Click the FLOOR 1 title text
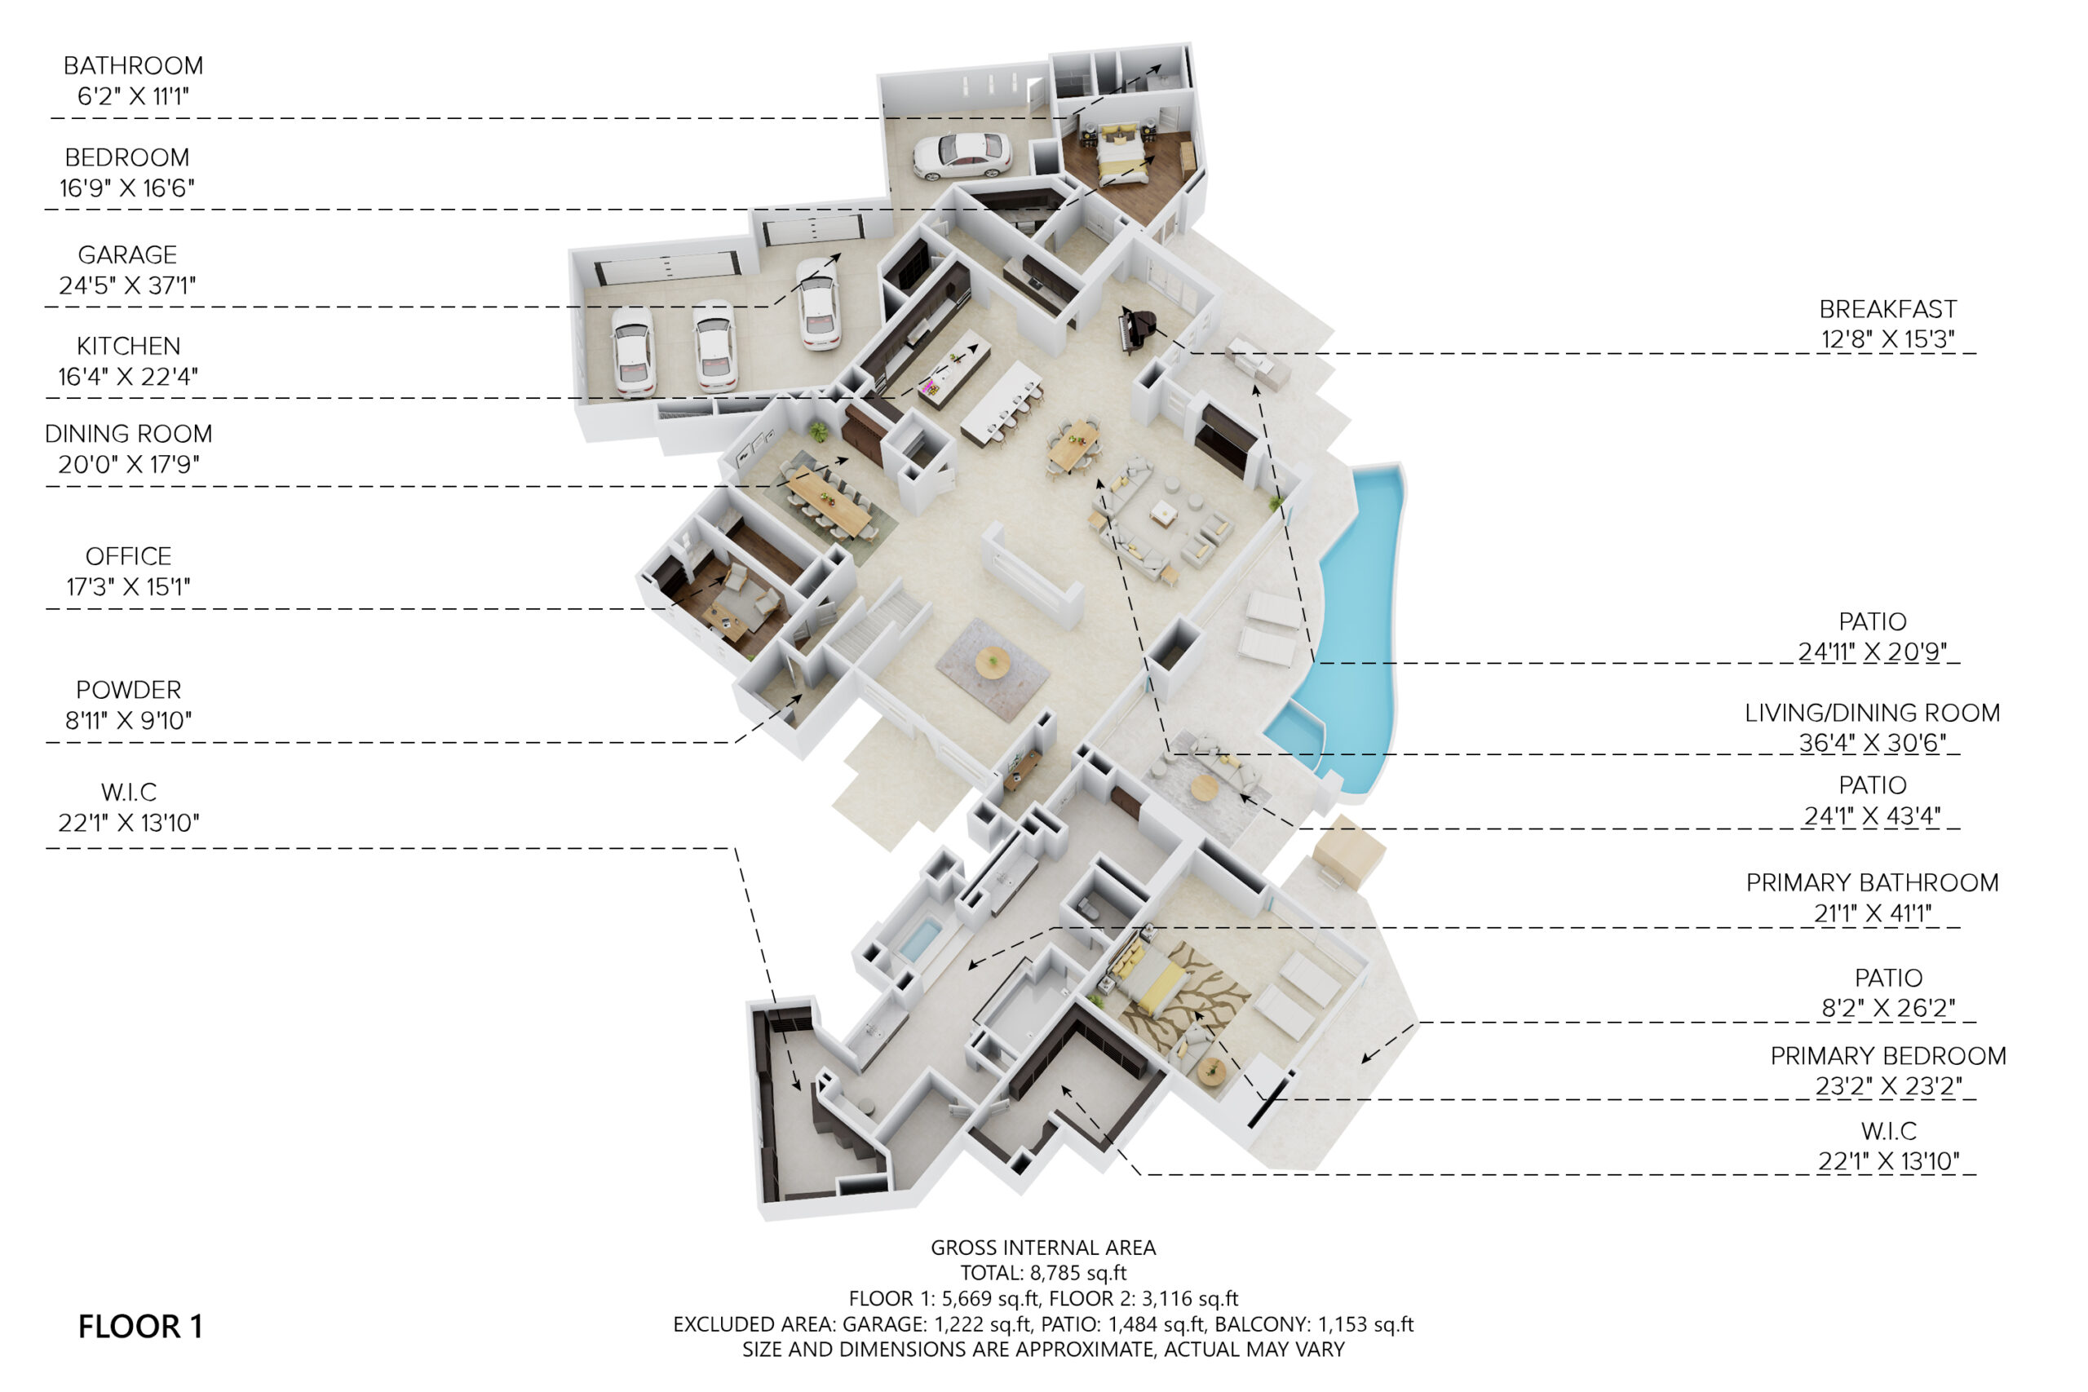pos(140,1326)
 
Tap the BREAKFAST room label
pos(1888,309)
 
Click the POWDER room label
pos(128,690)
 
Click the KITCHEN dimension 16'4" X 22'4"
pos(128,378)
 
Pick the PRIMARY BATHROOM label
pos(1873,882)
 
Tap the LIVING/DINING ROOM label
pos(1873,713)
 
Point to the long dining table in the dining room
pos(829,501)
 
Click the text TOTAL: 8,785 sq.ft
pos(1043,1273)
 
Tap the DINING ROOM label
pos(129,434)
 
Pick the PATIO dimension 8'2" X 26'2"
pos(1888,1009)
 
